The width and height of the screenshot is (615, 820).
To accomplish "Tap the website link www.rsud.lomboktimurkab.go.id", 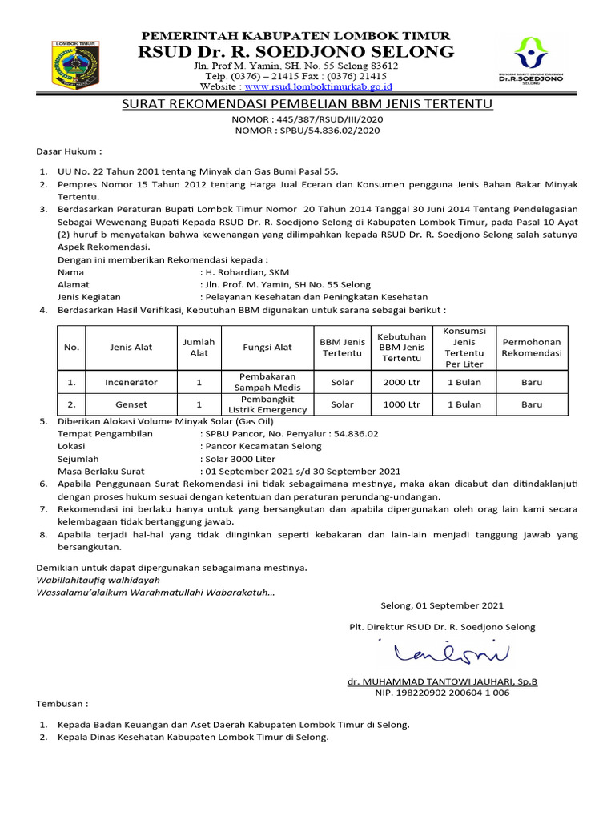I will [x=318, y=86].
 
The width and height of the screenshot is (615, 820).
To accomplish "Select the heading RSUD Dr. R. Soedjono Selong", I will [x=296, y=52].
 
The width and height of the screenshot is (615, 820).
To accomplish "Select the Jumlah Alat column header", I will [x=199, y=348].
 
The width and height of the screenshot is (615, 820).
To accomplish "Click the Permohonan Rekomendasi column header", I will [x=531, y=348].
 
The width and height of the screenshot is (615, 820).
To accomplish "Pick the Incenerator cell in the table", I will [x=131, y=383].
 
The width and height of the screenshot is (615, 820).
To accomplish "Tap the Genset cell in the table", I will [x=131, y=404].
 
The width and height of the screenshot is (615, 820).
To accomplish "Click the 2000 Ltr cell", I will [x=401, y=383].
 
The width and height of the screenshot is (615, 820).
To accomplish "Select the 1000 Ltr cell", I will [x=401, y=404].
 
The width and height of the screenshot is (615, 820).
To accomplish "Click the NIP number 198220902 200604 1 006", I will [x=442, y=693].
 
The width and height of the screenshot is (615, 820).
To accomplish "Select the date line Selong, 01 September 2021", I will [x=442, y=605].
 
